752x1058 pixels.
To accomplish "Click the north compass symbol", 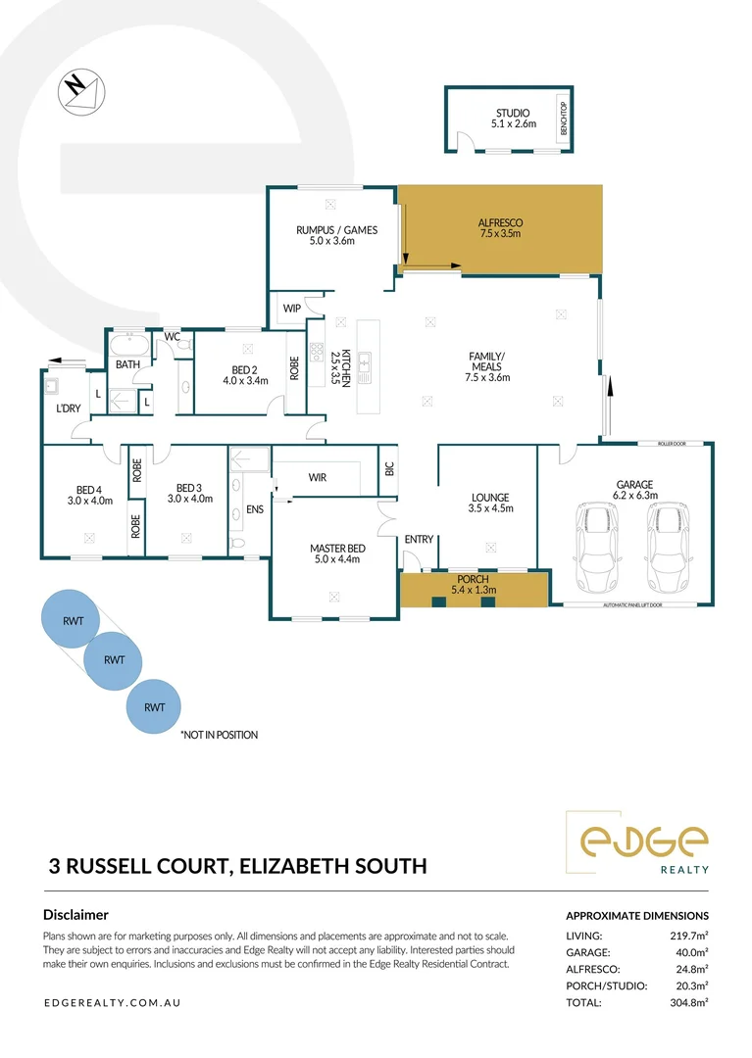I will coord(76,87).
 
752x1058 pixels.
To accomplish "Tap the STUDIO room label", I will coord(510,119).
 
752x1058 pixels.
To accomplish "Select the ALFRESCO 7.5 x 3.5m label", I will coord(498,228).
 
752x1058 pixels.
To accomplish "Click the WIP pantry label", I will coord(291,308).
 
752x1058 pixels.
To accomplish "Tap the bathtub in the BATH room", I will coord(127,346).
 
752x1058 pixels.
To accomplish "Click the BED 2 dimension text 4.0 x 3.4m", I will coord(245,381).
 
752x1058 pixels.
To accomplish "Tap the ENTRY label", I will coord(419,539).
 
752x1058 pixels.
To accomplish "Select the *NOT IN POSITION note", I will coord(218,734).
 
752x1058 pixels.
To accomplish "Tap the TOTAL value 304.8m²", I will coord(687,1002).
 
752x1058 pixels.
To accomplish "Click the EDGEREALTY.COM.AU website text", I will coord(112,1003).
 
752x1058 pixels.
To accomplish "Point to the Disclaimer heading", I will coord(75,914).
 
